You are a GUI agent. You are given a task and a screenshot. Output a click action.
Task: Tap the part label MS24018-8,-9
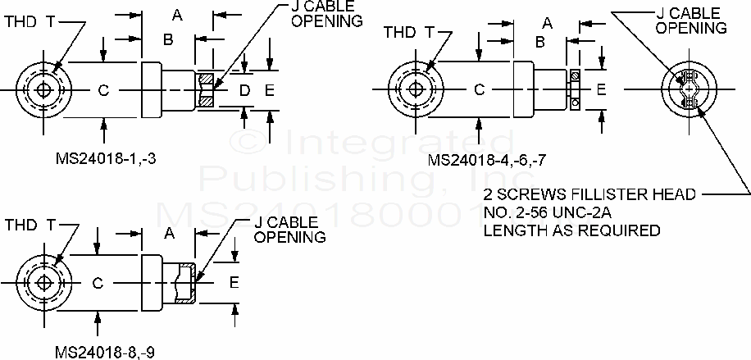click(104, 351)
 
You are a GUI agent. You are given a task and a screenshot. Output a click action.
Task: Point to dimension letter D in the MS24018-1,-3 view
click(244, 90)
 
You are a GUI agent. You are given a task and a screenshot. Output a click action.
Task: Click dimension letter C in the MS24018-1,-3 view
click(103, 90)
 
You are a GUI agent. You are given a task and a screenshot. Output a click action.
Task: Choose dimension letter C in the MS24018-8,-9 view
click(97, 283)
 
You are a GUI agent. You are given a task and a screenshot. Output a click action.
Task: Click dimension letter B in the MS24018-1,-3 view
click(167, 39)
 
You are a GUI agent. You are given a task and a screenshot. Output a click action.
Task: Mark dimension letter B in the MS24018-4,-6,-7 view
click(540, 41)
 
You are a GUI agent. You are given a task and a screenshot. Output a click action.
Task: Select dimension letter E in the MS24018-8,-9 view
click(234, 283)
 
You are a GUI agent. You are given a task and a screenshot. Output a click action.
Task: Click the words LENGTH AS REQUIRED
click(571, 230)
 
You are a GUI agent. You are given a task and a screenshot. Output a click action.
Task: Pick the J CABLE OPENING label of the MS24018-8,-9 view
click(289, 230)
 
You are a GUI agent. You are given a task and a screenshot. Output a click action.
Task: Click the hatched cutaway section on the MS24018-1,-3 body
click(205, 90)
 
